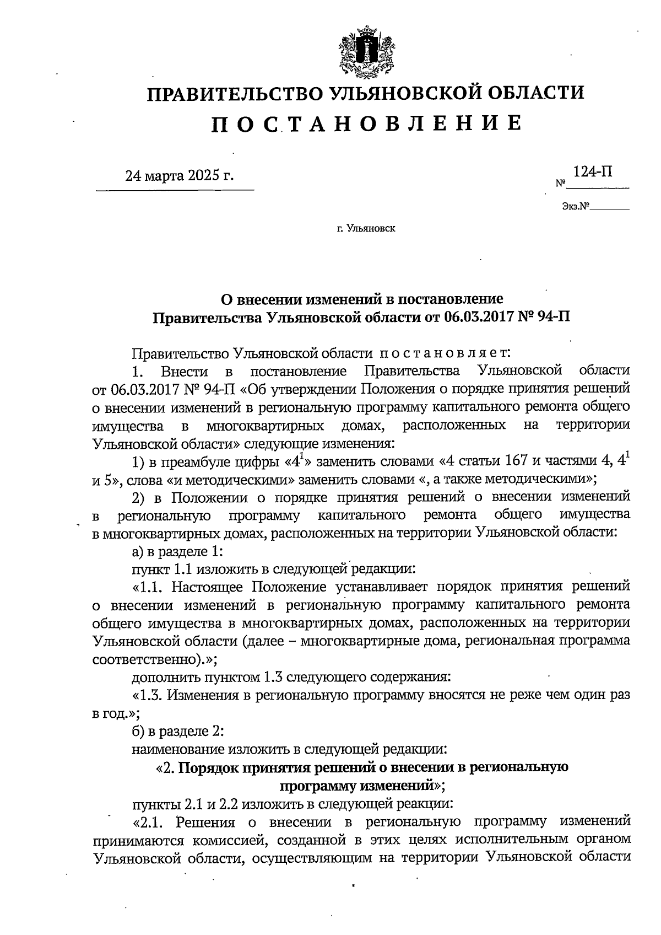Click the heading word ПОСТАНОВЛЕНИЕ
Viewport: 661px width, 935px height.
tap(366, 123)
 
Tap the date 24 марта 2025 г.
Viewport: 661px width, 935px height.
tap(179, 176)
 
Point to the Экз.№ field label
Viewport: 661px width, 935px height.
tap(576, 207)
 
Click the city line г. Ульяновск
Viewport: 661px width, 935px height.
tap(365, 227)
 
